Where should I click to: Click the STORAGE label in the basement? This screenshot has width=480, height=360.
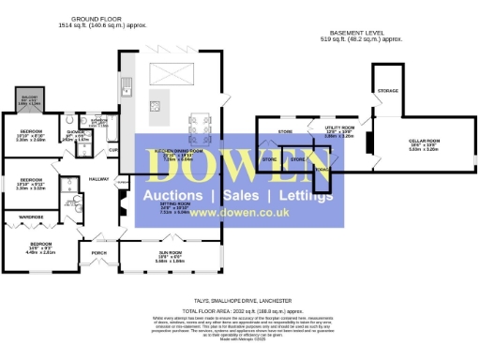pyautogui.click(x=387, y=90)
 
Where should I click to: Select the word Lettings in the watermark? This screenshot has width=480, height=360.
pyautogui.click(x=299, y=196)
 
